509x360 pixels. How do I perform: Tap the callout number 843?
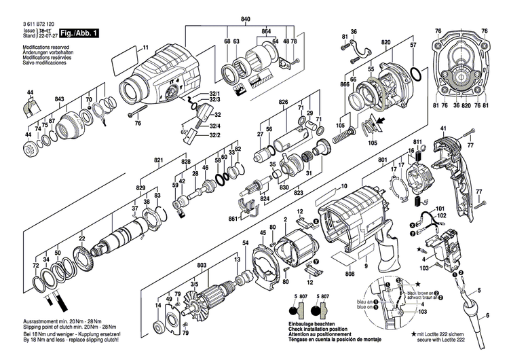point(60,100)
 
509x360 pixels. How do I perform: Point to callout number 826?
point(284,102)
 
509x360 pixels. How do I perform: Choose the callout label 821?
point(159,160)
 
